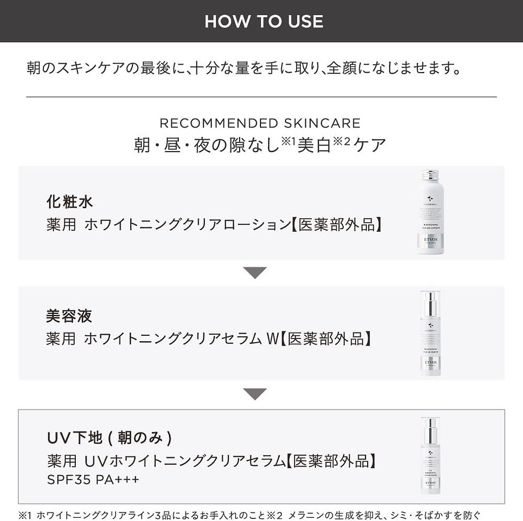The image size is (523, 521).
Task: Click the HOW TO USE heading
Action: click(x=264, y=21)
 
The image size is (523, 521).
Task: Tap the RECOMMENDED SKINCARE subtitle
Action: click(x=260, y=123)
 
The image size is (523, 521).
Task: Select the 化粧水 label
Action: click(x=70, y=202)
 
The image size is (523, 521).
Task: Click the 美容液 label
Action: click(x=69, y=315)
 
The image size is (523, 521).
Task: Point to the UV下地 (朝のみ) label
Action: click(x=109, y=438)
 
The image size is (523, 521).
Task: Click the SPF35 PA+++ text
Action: click(x=93, y=479)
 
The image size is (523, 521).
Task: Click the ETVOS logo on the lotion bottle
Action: click(x=430, y=240)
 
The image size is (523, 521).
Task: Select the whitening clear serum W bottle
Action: click(x=430, y=334)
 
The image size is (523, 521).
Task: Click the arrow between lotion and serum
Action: click(x=255, y=273)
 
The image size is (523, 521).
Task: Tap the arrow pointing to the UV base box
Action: click(x=255, y=394)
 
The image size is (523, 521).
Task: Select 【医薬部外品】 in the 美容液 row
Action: click(x=326, y=338)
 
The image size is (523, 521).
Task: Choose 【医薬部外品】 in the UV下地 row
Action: click(x=331, y=460)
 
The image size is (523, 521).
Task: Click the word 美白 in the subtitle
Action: click(x=314, y=145)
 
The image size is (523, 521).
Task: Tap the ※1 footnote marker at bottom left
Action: click(x=26, y=515)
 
